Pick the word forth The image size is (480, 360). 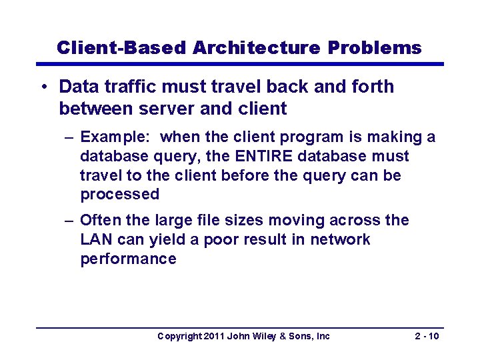click(372, 87)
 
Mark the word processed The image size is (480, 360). click(120, 195)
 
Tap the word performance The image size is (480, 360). click(128, 259)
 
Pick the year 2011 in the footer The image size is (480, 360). click(213, 336)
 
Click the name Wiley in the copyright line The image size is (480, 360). click(265, 336)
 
